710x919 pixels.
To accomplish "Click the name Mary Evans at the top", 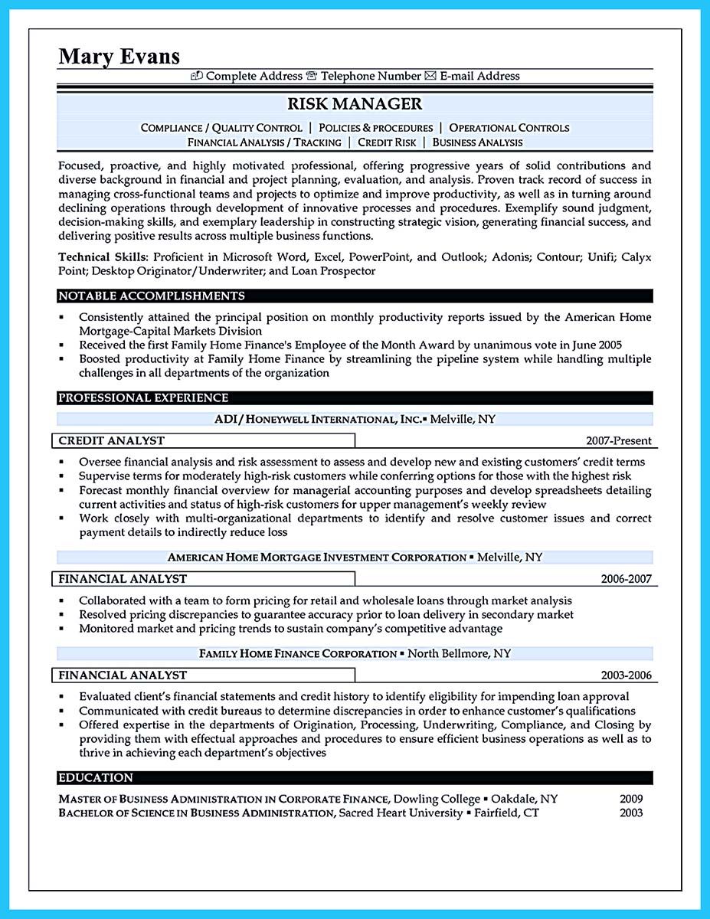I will (119, 56).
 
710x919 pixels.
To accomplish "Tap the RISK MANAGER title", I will (355, 103).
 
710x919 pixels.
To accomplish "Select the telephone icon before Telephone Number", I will (312, 76).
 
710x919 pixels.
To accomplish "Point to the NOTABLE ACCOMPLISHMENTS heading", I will (152, 296).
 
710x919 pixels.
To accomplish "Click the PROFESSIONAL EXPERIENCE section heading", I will (143, 397).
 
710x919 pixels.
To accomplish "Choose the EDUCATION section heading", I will (96, 777).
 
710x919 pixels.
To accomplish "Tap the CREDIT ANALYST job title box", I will (112, 440).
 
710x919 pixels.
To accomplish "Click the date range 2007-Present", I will (618, 440).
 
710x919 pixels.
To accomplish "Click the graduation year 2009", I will (631, 799).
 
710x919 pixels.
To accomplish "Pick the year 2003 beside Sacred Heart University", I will (631, 813).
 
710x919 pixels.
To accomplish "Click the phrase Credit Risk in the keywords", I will (387, 142).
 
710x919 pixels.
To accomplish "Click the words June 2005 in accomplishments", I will (594, 345).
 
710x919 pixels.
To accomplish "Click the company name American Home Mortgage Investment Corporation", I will (317, 557).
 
